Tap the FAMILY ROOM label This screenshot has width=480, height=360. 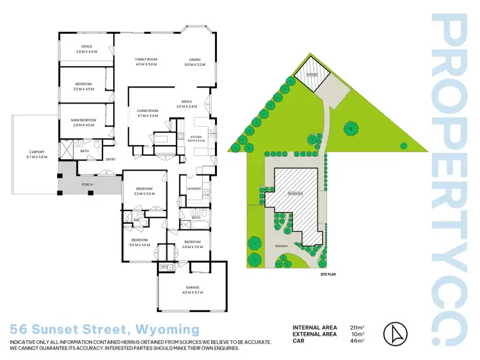pos(147,59)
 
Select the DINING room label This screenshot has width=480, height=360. pos(194,59)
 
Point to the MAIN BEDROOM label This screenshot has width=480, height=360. pos(84,120)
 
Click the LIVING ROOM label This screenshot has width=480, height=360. pos(147,111)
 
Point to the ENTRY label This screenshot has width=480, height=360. pos(111,159)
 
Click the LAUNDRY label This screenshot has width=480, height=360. pos(195,189)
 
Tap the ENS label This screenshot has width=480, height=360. pos(136,220)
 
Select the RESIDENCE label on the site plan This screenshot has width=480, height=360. pos(294,193)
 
